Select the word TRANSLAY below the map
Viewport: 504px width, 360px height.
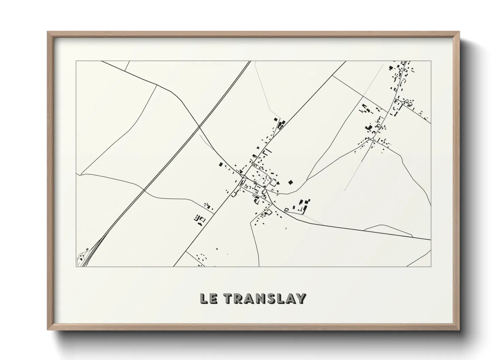click(265, 298)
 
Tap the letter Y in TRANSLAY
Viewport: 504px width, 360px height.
click(300, 298)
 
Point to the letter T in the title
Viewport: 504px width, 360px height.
click(229, 298)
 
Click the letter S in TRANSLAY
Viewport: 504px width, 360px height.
click(271, 298)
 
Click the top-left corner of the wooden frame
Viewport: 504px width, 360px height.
click(48, 32)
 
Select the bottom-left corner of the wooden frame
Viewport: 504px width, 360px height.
click(48, 330)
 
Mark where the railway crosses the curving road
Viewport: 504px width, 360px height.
click(199, 127)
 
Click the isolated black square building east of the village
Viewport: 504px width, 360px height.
click(290, 182)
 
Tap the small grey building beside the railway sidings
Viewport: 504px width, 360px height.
click(88, 249)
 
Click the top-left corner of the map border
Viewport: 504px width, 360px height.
click(76, 61)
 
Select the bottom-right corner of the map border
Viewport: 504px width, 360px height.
click(431, 266)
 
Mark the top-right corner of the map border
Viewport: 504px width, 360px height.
click(431, 61)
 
